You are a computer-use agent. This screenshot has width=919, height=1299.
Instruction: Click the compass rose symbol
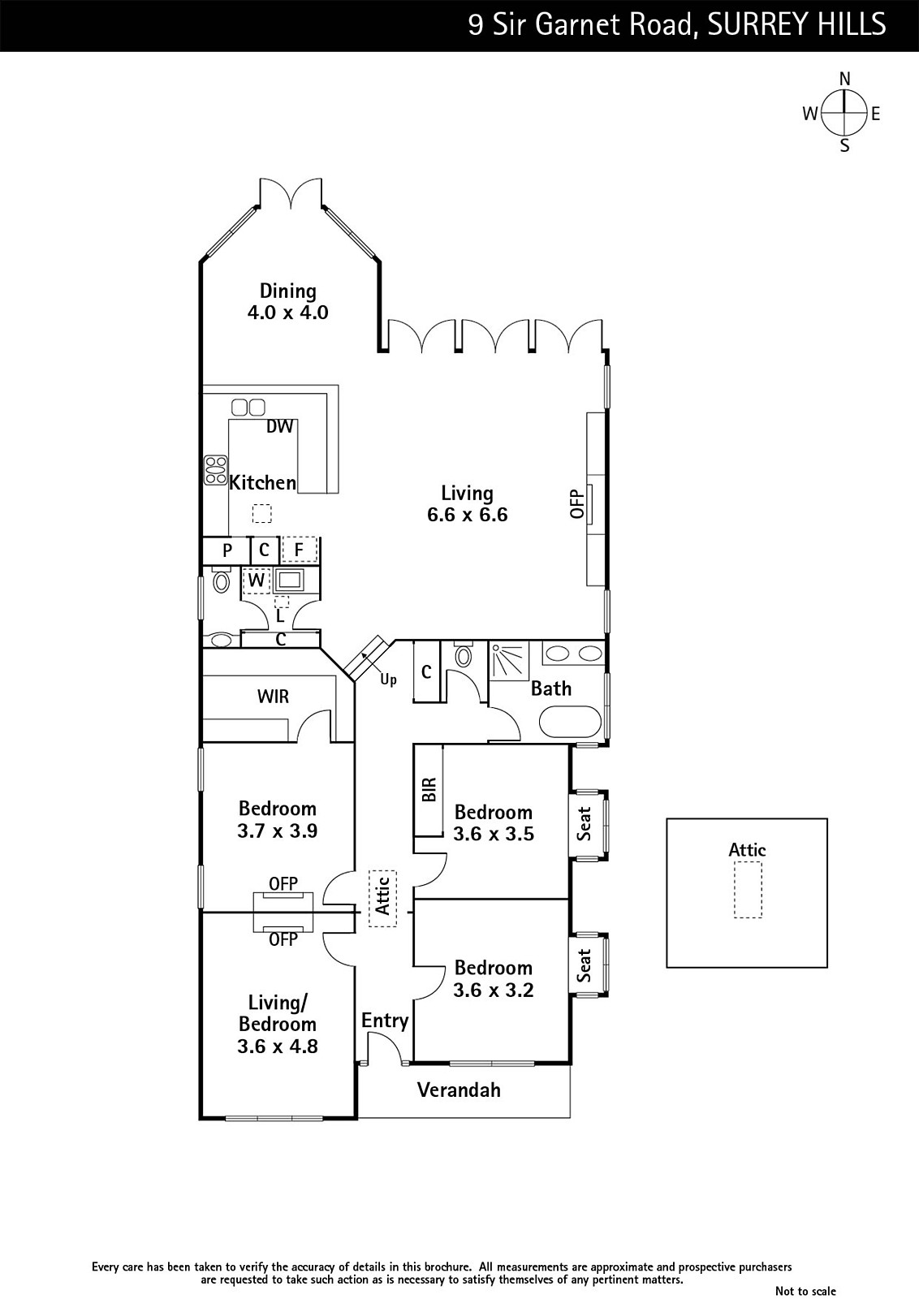[x=845, y=113]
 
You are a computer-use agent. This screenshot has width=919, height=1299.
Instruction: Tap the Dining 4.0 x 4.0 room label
[x=287, y=301]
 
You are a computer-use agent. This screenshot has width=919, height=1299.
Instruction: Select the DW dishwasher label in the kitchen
[x=280, y=426]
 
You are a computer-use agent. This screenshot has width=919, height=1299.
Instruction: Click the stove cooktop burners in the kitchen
[x=216, y=470]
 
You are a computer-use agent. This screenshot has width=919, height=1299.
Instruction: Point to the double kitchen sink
[x=248, y=407]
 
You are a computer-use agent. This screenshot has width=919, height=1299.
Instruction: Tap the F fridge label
[x=300, y=549]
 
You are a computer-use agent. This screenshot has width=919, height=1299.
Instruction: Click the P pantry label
[x=227, y=550]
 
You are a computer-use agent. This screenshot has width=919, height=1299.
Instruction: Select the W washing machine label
[x=257, y=580]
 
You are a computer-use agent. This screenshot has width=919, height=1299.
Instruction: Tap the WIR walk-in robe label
[x=273, y=696]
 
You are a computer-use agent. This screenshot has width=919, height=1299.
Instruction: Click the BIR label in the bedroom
[x=429, y=789]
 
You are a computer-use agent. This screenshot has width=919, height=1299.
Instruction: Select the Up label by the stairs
[x=389, y=680]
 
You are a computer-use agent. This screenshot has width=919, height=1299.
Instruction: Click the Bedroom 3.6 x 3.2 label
[x=494, y=978]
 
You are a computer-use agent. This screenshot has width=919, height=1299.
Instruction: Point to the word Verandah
[x=459, y=1090]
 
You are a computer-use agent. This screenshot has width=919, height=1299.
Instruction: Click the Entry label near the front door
[x=385, y=1021]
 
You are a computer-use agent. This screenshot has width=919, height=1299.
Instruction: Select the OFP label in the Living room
[x=577, y=504]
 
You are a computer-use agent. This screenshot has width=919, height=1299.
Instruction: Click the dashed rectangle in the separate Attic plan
[x=748, y=890]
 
